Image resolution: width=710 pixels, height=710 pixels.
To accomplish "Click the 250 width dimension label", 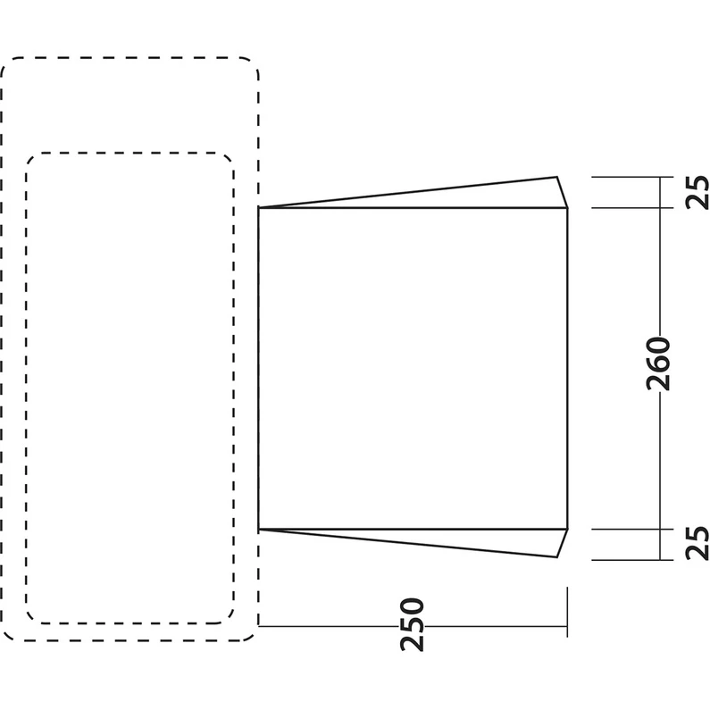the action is [412, 625].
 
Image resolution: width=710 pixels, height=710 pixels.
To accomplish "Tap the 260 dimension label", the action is [658, 363].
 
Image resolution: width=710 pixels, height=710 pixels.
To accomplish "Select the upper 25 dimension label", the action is [697, 192].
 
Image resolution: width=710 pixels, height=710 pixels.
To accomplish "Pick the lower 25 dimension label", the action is [697, 543].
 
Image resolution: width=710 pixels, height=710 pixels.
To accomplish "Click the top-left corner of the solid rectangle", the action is [259, 208].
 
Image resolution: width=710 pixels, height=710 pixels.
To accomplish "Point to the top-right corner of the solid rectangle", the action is [567, 208].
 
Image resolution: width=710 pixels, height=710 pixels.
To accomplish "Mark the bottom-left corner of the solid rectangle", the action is [259, 529].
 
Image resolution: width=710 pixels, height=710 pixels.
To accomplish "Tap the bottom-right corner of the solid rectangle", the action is [567, 529].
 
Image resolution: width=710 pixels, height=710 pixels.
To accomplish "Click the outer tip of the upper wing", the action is [557, 177].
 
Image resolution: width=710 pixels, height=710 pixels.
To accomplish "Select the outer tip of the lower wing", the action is [557, 557].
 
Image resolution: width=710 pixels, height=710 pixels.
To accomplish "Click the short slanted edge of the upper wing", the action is [562, 192].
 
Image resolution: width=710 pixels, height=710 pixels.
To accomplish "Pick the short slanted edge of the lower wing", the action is [562, 543].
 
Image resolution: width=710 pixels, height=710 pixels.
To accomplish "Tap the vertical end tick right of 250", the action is [567, 612].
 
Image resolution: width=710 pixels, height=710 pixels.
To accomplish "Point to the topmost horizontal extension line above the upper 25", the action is [632, 177].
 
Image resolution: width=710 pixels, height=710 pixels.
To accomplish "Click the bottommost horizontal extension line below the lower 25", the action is [632, 560].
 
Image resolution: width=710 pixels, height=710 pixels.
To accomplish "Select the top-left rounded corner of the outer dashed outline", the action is [8, 65].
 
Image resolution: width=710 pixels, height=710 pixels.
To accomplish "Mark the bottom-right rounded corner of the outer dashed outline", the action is [251, 633].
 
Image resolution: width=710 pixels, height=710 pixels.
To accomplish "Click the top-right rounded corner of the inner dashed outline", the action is [228, 159].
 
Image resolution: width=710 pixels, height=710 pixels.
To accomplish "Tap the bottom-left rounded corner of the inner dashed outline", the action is [32, 617].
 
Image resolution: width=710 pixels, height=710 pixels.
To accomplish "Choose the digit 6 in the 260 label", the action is [658, 363].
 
